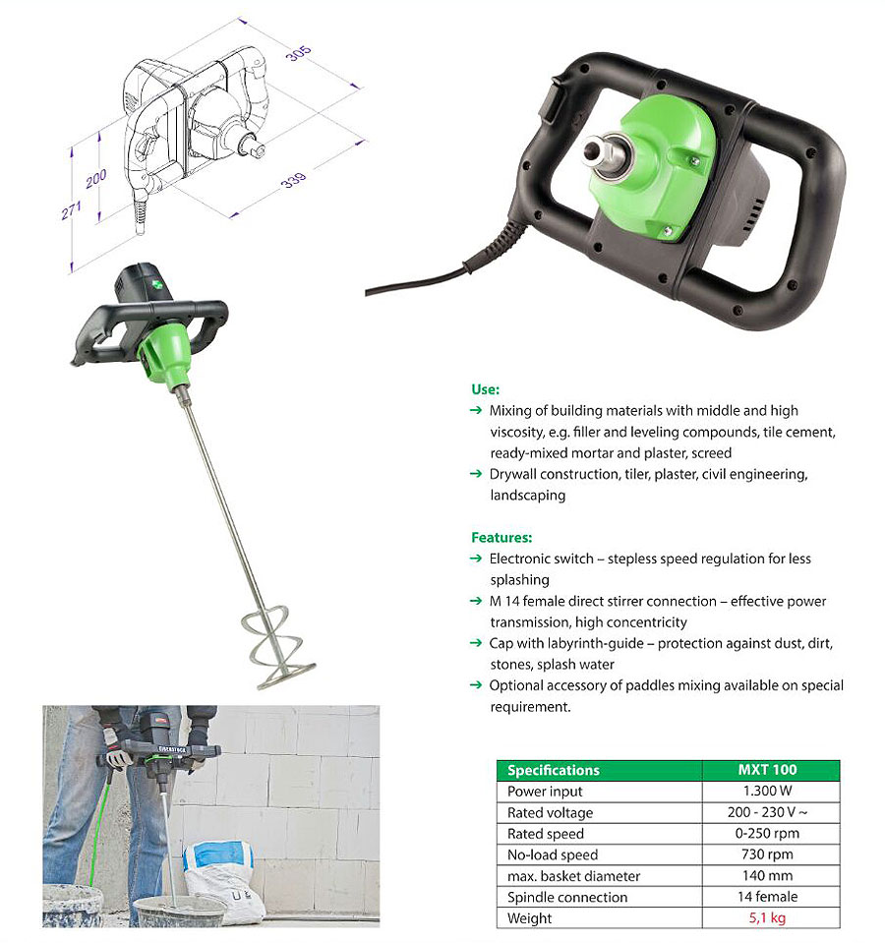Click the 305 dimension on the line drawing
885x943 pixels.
pos(298,53)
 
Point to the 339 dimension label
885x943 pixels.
pos(293,179)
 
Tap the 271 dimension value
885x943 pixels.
pos(71,209)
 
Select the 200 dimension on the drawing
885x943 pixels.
pos(95,178)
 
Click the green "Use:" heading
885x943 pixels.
pos(485,389)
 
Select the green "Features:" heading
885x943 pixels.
pos(501,537)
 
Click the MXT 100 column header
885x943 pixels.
pos(767,769)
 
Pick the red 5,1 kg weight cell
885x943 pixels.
pos(767,917)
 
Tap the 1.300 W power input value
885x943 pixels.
pos(767,791)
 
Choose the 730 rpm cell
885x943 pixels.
pos(767,854)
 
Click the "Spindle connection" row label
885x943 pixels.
pos(567,897)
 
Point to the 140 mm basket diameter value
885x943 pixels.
pos(767,875)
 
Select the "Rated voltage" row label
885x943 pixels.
pos(550,812)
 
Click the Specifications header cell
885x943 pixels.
pos(553,770)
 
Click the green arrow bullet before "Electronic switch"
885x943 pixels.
pos(476,559)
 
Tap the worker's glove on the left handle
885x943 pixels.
pos(117,747)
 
